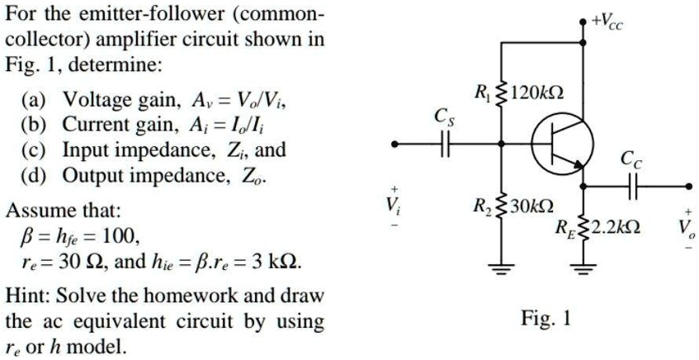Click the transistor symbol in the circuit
pos(561,144)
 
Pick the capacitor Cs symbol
pos(445,144)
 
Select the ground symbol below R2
pos(499,268)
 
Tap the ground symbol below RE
pos(584,268)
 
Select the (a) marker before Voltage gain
pos(34,102)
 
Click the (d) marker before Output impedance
pos(34,176)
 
